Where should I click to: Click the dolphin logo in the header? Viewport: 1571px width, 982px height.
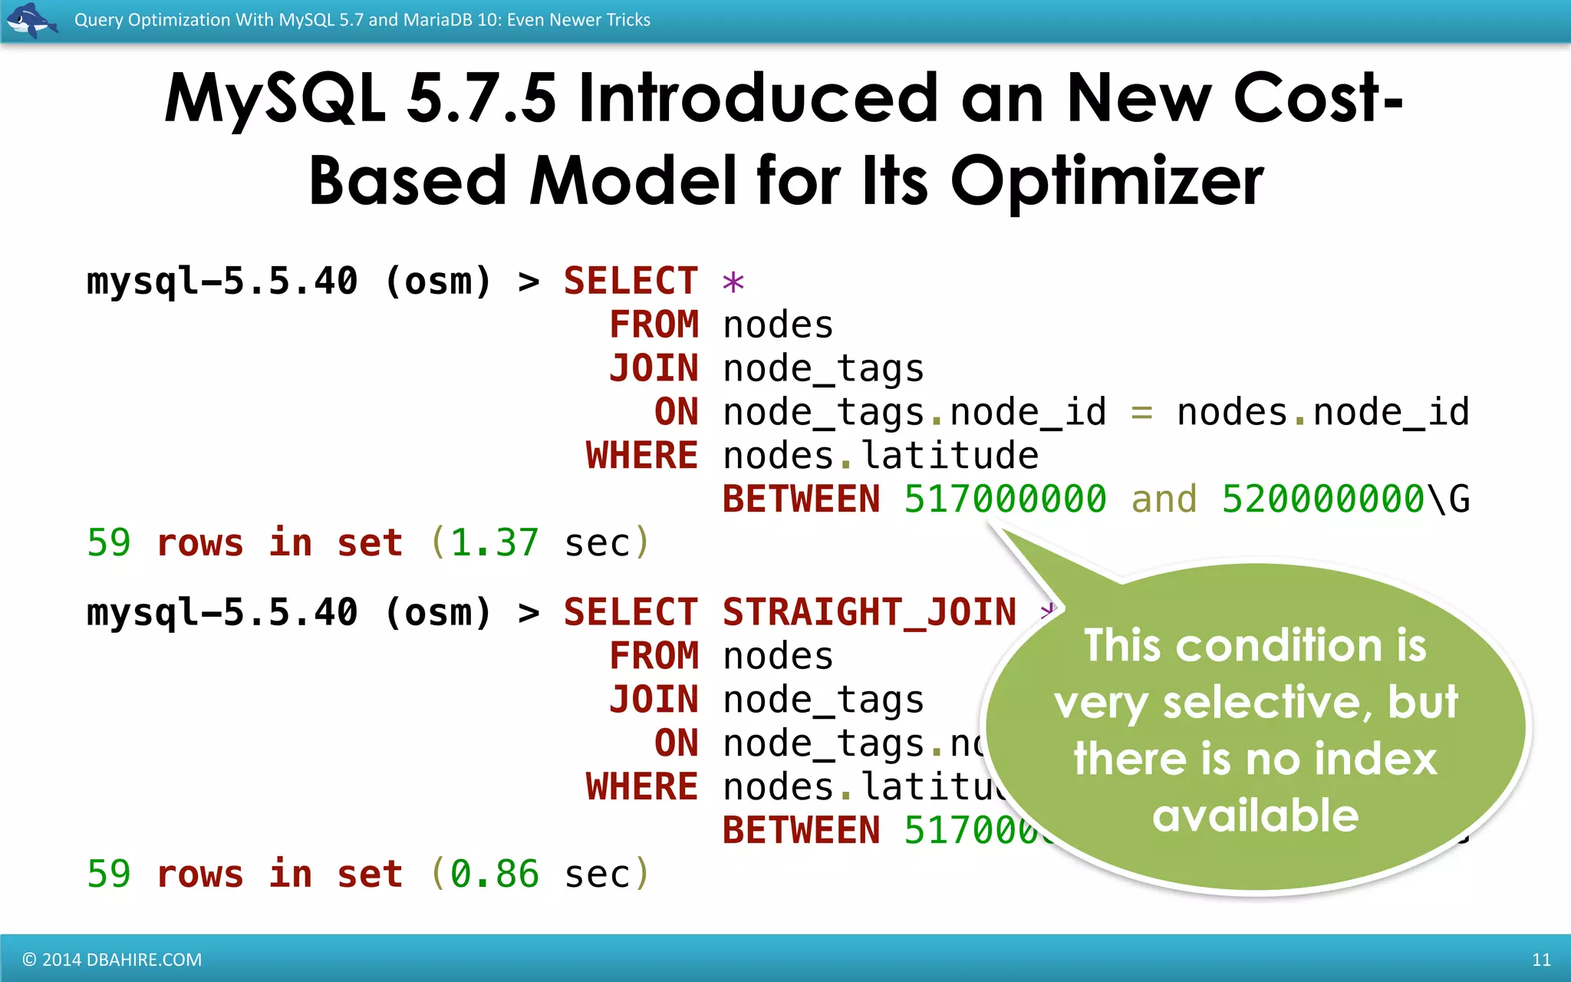[31, 20]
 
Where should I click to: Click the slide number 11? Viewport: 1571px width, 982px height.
[1540, 959]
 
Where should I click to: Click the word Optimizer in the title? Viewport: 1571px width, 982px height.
[1107, 181]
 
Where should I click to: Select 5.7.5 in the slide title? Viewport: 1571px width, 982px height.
[481, 98]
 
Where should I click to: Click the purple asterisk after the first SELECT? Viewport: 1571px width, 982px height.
[733, 283]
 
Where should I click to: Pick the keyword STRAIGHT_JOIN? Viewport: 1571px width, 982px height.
[869, 612]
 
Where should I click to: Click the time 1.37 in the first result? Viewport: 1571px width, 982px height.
[495, 543]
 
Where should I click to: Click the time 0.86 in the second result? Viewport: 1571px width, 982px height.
[495, 875]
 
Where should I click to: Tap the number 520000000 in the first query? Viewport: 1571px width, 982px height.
[1322, 499]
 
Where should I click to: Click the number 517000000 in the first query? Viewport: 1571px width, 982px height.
[1005, 499]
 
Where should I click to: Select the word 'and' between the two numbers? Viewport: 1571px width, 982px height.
[1164, 499]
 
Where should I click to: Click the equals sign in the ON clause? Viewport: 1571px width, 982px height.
[1141, 414]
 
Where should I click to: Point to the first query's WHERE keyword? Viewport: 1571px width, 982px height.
[641, 456]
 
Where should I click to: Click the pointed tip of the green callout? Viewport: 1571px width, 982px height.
[995, 528]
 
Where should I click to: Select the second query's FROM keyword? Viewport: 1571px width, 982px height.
[654, 656]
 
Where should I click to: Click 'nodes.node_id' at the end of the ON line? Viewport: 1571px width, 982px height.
[1322, 413]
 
